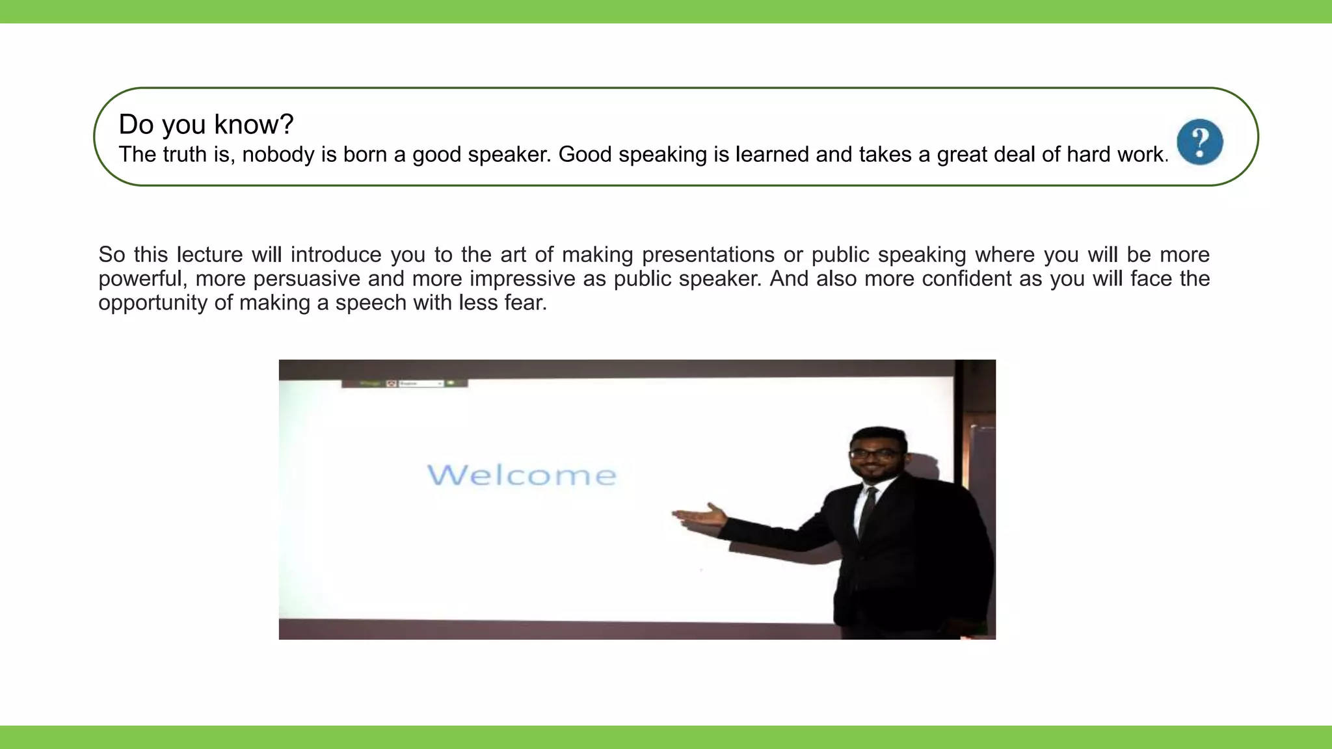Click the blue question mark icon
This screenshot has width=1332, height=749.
tap(1199, 142)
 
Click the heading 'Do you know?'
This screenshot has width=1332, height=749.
tap(206, 124)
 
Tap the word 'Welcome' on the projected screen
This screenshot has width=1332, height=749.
tap(522, 475)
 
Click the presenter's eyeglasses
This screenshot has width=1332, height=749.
tap(875, 453)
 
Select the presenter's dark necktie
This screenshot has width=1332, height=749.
tap(868, 511)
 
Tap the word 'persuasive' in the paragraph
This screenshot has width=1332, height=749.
tap(306, 278)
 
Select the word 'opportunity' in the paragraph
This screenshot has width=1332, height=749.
tap(153, 302)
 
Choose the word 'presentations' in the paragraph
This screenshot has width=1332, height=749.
tap(708, 254)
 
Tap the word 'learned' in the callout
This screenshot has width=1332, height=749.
tap(772, 155)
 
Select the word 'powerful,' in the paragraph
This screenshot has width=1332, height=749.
tap(140, 278)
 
